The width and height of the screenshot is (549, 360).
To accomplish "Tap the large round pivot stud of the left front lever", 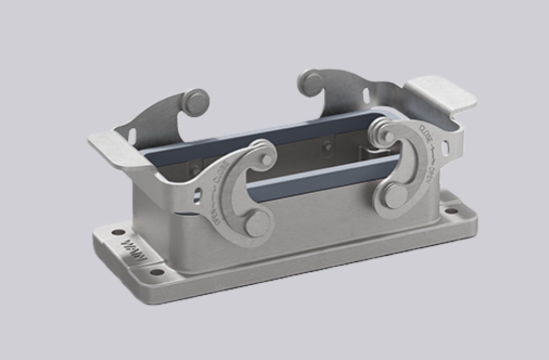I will tap(256, 224).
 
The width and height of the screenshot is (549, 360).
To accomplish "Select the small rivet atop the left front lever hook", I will tap(267, 159).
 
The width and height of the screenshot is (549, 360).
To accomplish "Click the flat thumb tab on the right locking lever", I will tap(440, 93).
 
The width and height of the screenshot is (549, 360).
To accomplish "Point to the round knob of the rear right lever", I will tap(311, 83).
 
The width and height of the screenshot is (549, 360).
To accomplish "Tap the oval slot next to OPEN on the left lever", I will tap(197, 195).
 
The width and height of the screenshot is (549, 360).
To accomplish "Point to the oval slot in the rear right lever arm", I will tap(366, 95).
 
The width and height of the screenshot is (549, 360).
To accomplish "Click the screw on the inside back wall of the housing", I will tap(328, 147).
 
